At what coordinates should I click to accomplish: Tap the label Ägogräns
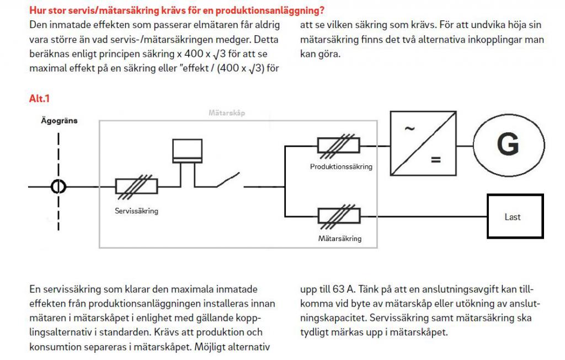59,120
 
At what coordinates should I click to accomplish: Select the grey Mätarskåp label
227,112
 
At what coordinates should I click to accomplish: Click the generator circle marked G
507,145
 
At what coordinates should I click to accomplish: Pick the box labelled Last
514,217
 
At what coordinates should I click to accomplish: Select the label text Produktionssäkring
341,166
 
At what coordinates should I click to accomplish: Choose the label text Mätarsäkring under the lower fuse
340,239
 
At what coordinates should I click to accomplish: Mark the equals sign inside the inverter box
436,160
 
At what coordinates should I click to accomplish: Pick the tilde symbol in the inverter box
409,130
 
